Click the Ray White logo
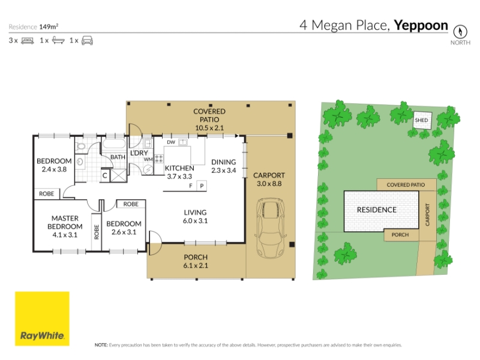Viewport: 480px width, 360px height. coord(42,319)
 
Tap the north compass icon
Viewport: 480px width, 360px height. coord(460,32)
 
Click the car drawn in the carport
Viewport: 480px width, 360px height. coord(271,228)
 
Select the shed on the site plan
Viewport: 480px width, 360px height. coord(422,121)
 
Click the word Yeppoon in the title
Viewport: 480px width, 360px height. coord(421,25)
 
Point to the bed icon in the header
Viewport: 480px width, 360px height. coord(28,40)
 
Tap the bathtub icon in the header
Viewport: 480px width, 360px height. coord(58,40)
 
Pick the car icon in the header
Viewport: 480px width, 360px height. coord(87,40)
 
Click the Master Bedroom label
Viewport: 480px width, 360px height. coord(65,222)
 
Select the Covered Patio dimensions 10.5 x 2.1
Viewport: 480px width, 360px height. coord(209,128)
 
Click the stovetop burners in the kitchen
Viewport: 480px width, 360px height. coord(159,158)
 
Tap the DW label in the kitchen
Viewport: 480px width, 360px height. coord(171,142)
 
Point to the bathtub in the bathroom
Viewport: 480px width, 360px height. coord(113,145)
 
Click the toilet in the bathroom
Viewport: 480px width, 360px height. coord(80,146)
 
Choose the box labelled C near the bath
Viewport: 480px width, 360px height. coord(104,175)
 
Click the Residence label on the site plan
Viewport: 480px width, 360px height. coord(377,209)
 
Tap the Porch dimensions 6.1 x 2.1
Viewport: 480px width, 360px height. coord(196,265)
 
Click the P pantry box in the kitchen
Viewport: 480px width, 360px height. coord(202,186)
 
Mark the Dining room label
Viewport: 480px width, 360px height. coord(223,162)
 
